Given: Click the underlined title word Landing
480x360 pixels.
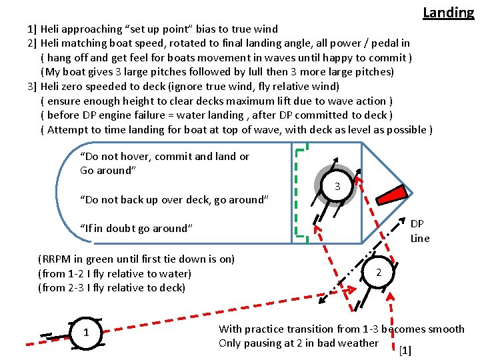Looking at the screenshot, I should (x=448, y=12).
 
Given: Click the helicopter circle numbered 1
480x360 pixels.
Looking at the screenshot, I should (x=85, y=333).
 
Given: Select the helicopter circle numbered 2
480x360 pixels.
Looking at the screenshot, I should (x=378, y=273).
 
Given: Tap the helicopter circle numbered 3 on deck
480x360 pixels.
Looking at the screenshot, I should (x=337, y=187).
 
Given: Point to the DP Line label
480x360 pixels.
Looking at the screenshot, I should (x=419, y=231).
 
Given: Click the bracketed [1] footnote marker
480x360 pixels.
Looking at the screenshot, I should (x=405, y=350).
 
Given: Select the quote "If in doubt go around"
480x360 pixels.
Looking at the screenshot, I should (x=136, y=228).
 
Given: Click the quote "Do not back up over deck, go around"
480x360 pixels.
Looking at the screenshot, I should (x=174, y=199).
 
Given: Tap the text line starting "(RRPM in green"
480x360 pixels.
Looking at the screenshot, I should (x=136, y=259).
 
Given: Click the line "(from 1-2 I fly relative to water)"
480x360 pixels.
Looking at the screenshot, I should (x=115, y=273).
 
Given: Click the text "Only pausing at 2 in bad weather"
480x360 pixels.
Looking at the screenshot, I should (x=298, y=343).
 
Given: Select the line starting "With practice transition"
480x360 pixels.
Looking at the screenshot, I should (x=341, y=329).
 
